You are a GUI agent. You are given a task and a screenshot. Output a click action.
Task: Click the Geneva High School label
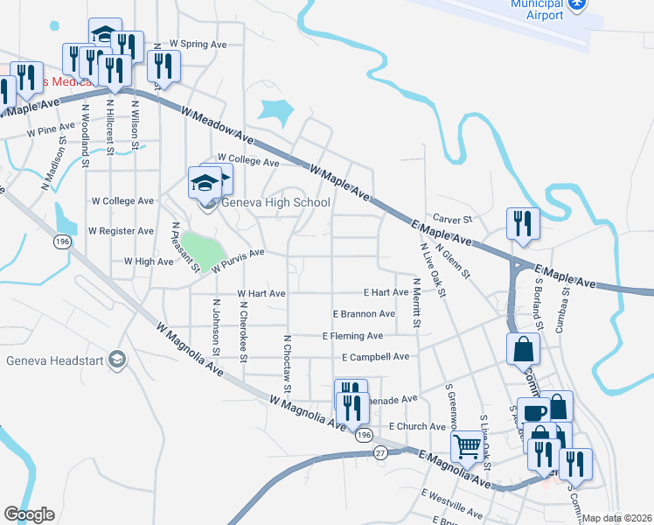click(275, 203)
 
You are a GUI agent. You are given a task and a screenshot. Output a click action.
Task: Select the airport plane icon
click(576, 4)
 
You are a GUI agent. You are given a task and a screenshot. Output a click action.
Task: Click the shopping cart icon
click(468, 446)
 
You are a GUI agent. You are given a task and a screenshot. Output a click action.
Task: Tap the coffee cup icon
click(533, 412)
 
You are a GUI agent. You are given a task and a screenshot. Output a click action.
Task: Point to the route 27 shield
click(380, 452)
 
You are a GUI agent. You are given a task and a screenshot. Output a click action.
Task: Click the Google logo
click(29, 514)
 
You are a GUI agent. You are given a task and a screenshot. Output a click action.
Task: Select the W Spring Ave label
click(198, 43)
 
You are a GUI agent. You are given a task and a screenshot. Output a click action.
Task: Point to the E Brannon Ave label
click(364, 314)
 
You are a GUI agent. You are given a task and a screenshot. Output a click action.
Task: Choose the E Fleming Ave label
click(352, 336)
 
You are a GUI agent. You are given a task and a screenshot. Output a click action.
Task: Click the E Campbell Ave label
click(376, 357)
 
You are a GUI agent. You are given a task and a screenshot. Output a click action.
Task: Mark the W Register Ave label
click(122, 231)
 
